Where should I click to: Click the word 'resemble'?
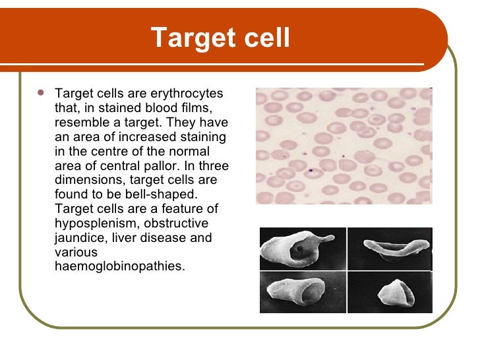[x=79, y=123]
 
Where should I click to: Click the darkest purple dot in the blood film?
[x=310, y=170]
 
